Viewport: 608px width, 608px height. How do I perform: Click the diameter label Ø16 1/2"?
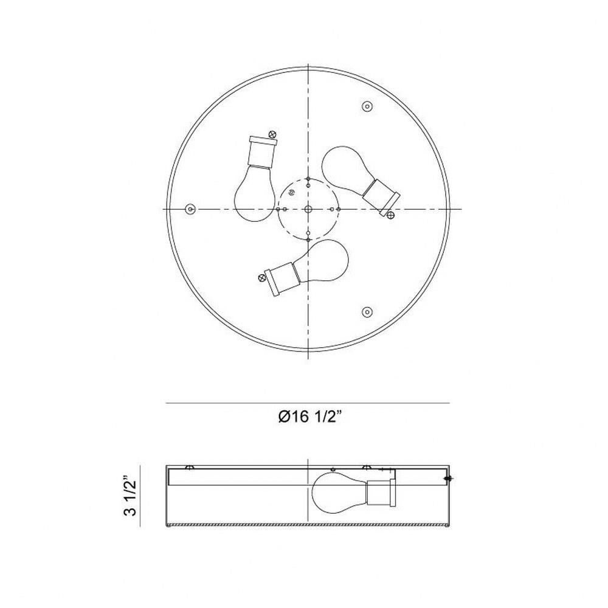310,417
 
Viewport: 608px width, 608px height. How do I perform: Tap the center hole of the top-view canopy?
308,209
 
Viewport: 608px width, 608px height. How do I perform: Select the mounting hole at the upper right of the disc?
367,106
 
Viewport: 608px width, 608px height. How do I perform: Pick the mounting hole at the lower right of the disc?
367,312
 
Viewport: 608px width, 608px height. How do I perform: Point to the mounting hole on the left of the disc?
190,209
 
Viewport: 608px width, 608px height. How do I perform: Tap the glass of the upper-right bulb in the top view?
345,168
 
